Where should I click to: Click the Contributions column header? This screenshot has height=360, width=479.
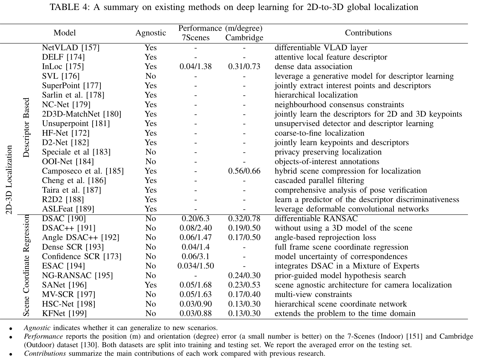(x=368, y=33)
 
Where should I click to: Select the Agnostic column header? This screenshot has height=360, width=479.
(x=151, y=33)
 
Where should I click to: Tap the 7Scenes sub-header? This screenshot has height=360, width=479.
(x=196, y=38)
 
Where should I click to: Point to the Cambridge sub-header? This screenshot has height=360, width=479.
(x=244, y=38)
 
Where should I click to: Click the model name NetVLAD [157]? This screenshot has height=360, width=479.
(x=71, y=47)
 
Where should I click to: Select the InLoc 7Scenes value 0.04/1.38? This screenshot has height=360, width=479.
(x=196, y=67)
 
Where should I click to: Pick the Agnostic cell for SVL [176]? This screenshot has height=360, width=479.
(x=151, y=76)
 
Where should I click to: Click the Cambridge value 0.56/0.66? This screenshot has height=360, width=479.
(x=244, y=171)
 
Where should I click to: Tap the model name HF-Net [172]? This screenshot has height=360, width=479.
(x=66, y=133)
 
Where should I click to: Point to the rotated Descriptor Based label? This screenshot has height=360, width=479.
(x=26, y=127)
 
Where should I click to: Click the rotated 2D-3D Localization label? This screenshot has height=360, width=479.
(x=9, y=180)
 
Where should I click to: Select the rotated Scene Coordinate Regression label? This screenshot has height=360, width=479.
(x=26, y=266)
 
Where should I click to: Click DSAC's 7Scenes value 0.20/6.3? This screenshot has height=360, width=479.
(x=196, y=218)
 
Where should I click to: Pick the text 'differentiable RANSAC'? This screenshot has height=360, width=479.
(x=316, y=218)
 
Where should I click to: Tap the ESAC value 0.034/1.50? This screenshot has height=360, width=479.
(x=196, y=266)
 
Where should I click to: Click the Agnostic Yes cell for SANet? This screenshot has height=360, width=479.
(x=151, y=285)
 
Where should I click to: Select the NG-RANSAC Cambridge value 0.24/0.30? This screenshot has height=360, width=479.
(x=244, y=275)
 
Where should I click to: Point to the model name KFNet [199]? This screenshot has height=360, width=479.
(x=64, y=313)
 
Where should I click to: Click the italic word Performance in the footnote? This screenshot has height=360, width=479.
(x=43, y=336)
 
